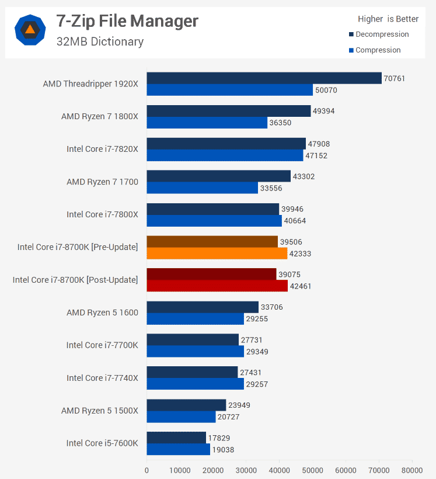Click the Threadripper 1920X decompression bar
(x=264, y=78)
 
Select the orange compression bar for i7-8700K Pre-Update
(x=217, y=254)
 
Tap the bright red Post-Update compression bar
(x=217, y=286)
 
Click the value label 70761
(x=395, y=78)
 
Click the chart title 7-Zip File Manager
(x=127, y=22)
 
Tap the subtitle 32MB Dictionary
(x=100, y=41)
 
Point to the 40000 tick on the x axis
(x=279, y=469)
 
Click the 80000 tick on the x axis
(x=411, y=469)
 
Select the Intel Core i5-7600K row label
(x=102, y=443)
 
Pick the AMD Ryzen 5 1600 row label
(x=102, y=313)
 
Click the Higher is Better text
(x=388, y=19)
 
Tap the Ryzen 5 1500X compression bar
(x=181, y=417)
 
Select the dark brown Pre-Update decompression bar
(x=212, y=242)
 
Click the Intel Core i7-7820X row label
(x=102, y=149)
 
